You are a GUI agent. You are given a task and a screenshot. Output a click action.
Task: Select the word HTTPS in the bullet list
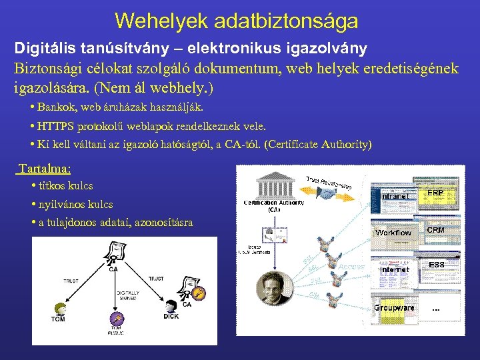click(56, 125)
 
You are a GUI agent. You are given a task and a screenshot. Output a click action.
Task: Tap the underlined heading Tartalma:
click(45, 169)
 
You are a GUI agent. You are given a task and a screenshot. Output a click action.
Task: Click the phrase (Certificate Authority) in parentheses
click(319, 144)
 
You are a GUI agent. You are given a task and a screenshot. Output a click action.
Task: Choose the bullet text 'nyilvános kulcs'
click(75, 204)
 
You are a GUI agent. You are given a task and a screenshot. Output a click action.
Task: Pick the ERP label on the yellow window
click(435, 193)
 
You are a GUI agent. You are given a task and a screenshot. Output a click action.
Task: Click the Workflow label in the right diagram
click(393, 233)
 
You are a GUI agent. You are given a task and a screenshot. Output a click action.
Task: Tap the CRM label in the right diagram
click(435, 230)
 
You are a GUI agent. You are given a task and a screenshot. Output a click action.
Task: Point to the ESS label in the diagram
click(437, 265)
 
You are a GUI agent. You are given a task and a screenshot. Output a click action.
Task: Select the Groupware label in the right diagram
click(393, 308)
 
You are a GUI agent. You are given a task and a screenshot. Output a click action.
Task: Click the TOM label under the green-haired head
click(59, 319)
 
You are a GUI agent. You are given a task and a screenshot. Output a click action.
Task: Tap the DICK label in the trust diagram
click(171, 317)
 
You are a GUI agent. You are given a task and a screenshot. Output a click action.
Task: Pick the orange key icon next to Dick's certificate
click(198, 291)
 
